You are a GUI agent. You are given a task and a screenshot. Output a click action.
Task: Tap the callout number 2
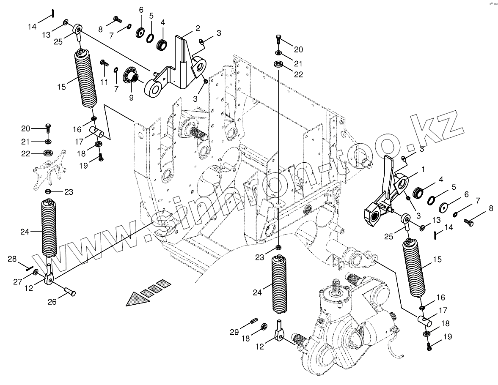pyautogui.click(x=198, y=28)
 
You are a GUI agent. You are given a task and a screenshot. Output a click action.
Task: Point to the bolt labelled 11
pyautogui.click(x=102, y=63)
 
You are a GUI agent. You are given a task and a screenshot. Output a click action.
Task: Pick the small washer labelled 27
pyautogui.click(x=36, y=271)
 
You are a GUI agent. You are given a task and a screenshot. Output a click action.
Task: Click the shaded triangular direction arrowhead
pyautogui.click(x=135, y=298)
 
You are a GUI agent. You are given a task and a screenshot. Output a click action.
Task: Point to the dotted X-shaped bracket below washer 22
pyautogui.click(x=50, y=169)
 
